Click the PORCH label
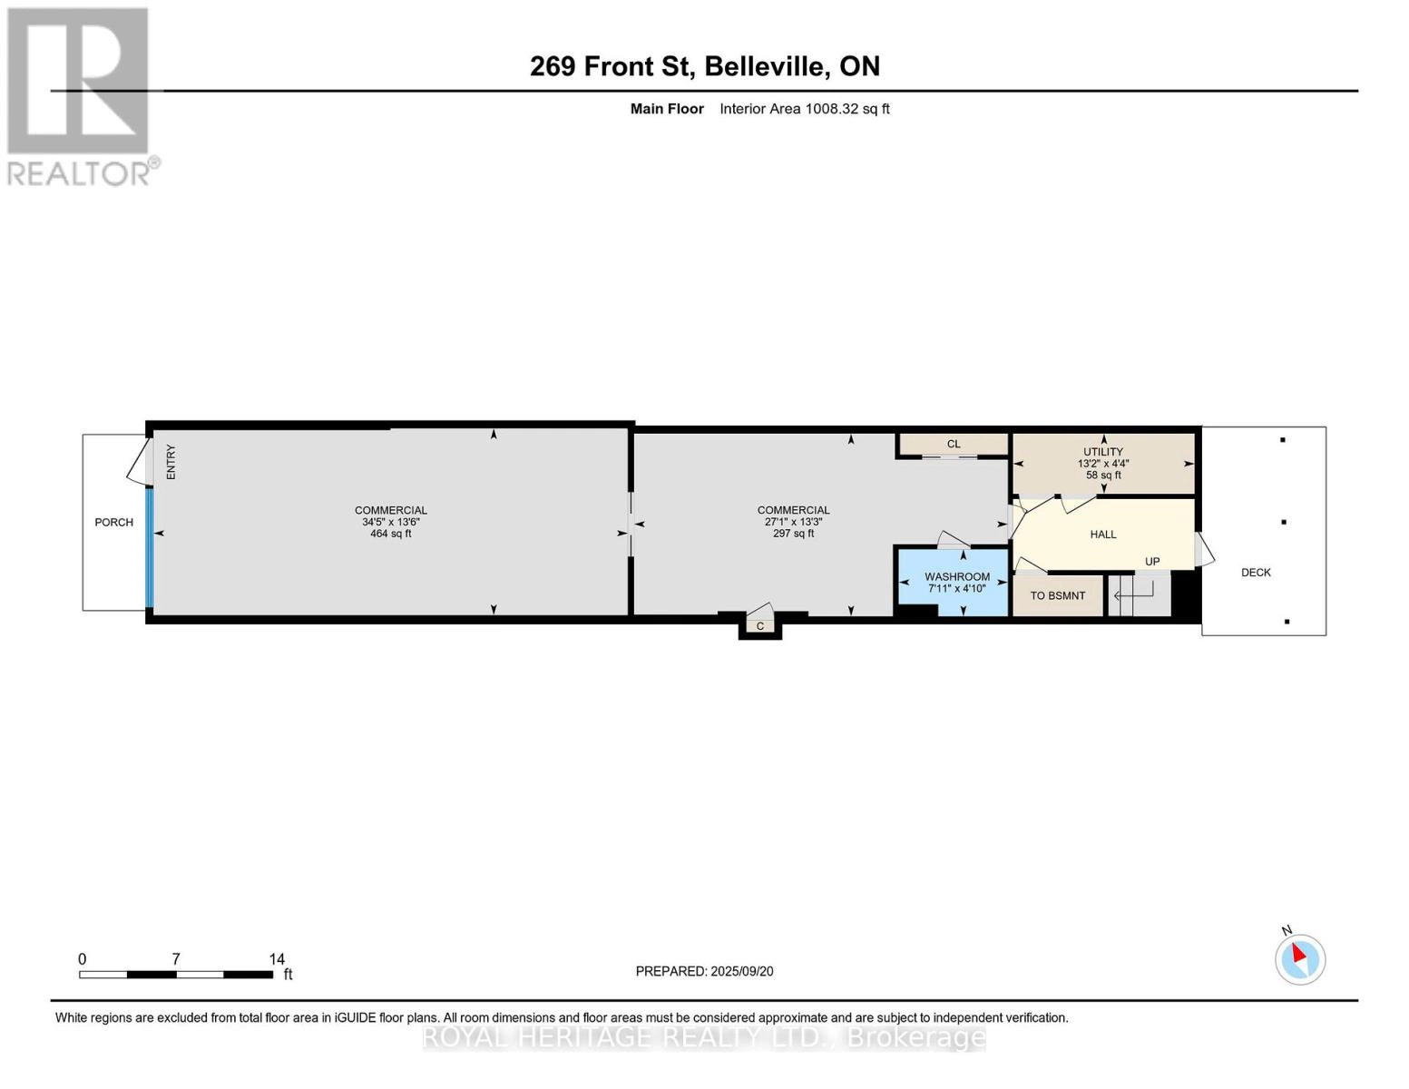113,523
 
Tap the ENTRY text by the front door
171,462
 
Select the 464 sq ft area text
390,534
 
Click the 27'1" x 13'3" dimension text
793,522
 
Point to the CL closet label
953,445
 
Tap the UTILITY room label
1102,452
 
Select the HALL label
1102,535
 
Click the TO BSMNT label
1057,596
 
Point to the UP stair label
1151,562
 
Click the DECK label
1256,573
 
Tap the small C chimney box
760,626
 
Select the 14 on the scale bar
277,959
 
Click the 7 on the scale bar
176,959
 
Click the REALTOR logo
80,95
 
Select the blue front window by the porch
150,548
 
